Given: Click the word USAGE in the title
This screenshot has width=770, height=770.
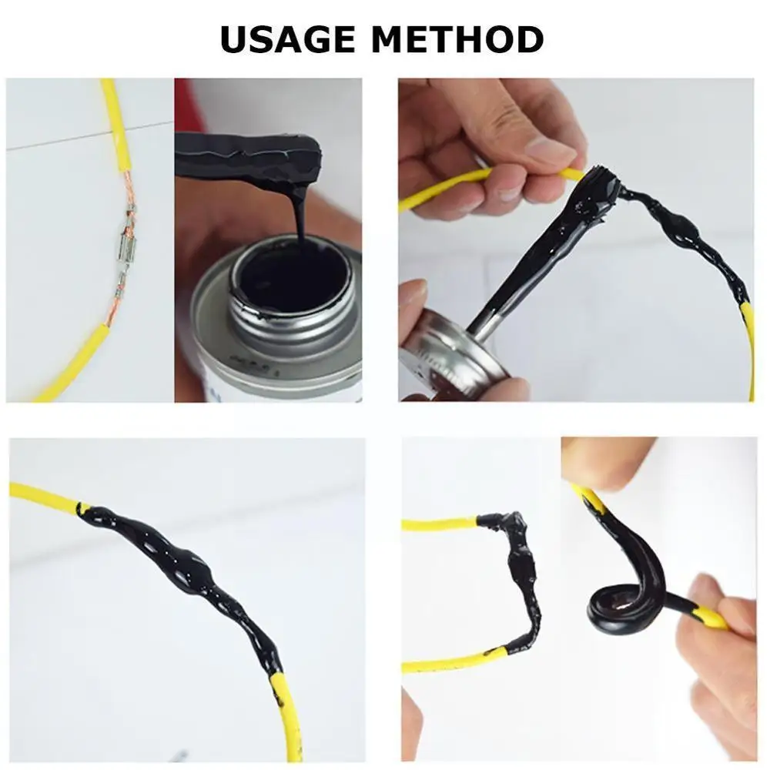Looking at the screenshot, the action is [x=287, y=39].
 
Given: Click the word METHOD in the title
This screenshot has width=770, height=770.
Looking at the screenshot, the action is [x=457, y=39].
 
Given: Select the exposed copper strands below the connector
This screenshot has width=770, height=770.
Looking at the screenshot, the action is [x=114, y=300].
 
